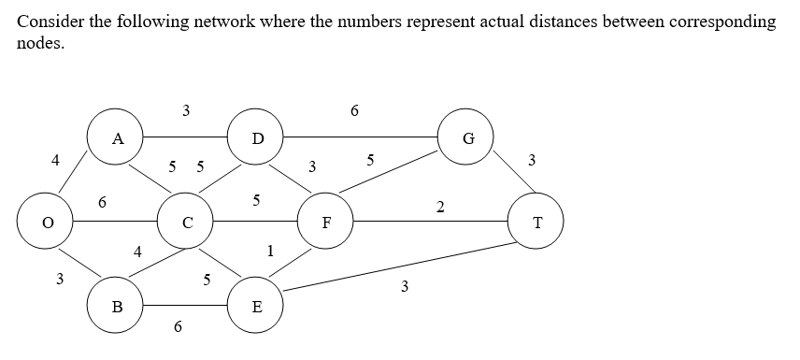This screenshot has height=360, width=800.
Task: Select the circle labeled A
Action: coord(116,138)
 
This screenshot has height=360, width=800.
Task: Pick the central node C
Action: coord(188,222)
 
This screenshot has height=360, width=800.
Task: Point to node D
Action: coord(258,138)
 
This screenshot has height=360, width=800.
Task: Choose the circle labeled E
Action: coord(258,305)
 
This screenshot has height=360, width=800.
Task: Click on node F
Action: coord(326,222)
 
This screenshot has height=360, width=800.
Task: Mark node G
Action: coord(466,138)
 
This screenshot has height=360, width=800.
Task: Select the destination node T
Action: coord(536,222)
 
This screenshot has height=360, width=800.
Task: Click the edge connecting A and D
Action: coord(187,138)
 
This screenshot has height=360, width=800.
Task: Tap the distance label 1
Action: coord(270,250)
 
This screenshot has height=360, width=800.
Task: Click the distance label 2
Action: coord(439,205)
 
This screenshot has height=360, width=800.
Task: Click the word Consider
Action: coord(48,22)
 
